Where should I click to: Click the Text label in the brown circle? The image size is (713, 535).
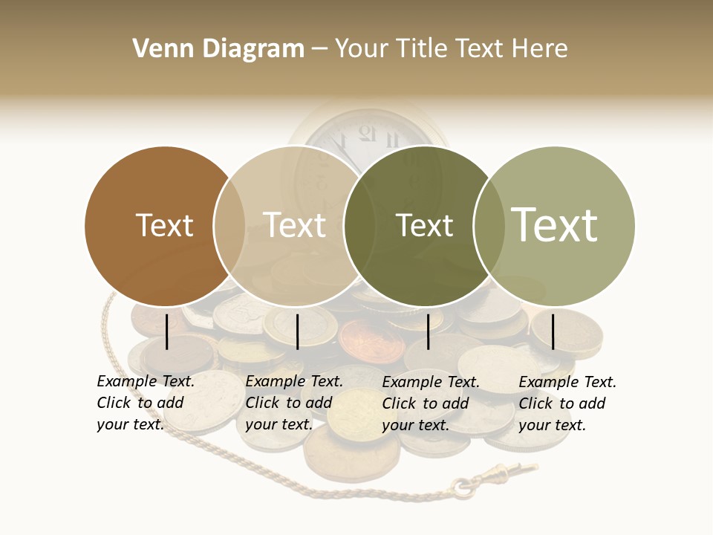click(x=164, y=225)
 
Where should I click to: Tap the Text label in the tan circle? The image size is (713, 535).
click(x=295, y=225)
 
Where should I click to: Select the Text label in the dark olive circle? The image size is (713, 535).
click(x=424, y=225)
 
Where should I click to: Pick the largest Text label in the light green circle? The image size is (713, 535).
click(x=555, y=224)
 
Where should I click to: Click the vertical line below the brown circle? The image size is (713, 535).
click(x=167, y=331)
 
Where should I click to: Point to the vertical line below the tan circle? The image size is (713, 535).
click(x=297, y=331)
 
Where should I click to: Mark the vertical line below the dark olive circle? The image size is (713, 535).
click(x=428, y=331)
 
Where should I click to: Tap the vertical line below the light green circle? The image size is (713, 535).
click(x=553, y=331)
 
